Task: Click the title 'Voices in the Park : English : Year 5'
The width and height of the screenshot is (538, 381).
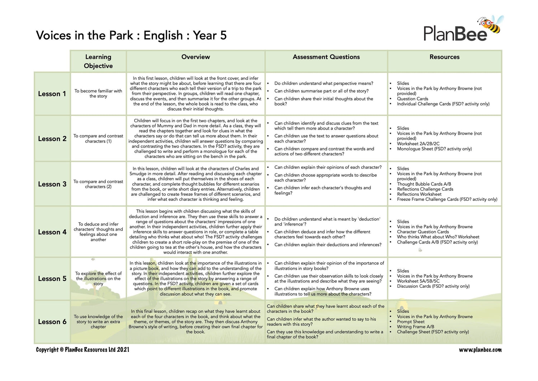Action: (131, 36)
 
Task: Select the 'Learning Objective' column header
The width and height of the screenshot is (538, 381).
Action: (98, 61)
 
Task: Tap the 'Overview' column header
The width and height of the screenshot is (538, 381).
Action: (195, 57)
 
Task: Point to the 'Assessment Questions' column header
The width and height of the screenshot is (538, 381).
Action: (326, 57)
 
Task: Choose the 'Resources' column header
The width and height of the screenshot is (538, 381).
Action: (444, 57)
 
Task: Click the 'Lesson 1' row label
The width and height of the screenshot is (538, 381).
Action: (52, 94)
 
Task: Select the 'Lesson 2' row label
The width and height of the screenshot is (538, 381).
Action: (52, 139)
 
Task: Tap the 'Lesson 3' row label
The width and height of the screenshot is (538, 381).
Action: (52, 184)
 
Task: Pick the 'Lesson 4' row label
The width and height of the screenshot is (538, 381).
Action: (52, 232)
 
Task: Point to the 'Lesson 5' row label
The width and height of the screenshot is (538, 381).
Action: (52, 279)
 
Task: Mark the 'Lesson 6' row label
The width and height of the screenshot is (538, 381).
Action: (52, 322)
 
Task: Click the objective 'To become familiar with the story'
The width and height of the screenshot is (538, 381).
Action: (98, 93)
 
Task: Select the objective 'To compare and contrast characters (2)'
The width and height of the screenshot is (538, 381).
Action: (98, 184)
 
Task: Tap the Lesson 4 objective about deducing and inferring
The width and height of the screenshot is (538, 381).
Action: (98, 232)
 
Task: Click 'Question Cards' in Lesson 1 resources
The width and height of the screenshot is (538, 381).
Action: (412, 99)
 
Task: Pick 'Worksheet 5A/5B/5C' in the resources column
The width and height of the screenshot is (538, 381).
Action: (418, 281)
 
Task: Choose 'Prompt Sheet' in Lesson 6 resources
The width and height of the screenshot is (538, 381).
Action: (411, 322)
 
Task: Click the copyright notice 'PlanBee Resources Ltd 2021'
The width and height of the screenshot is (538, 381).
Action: (82, 350)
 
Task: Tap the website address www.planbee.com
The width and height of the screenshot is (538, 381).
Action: (480, 350)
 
